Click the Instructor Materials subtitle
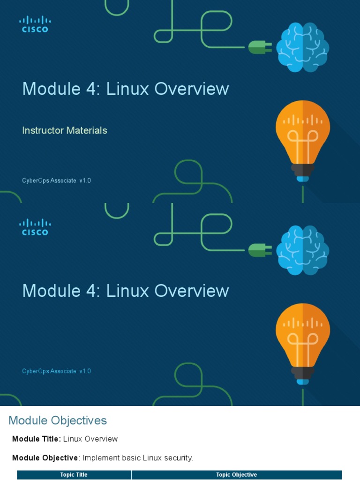[65, 130]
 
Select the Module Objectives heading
[58, 420]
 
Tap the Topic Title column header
[74, 474]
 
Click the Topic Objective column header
[236, 474]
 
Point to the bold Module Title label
[37, 439]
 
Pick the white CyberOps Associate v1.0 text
[56, 180]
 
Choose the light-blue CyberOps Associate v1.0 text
[56, 371]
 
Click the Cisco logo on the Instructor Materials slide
[35, 24]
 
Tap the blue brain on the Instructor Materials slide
[303, 47]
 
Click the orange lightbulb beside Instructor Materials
[303, 141]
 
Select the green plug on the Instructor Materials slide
[260, 47]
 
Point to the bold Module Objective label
[45, 457]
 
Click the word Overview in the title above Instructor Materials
[192, 89]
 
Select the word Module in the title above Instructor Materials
[52, 89]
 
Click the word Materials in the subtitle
[87, 130]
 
